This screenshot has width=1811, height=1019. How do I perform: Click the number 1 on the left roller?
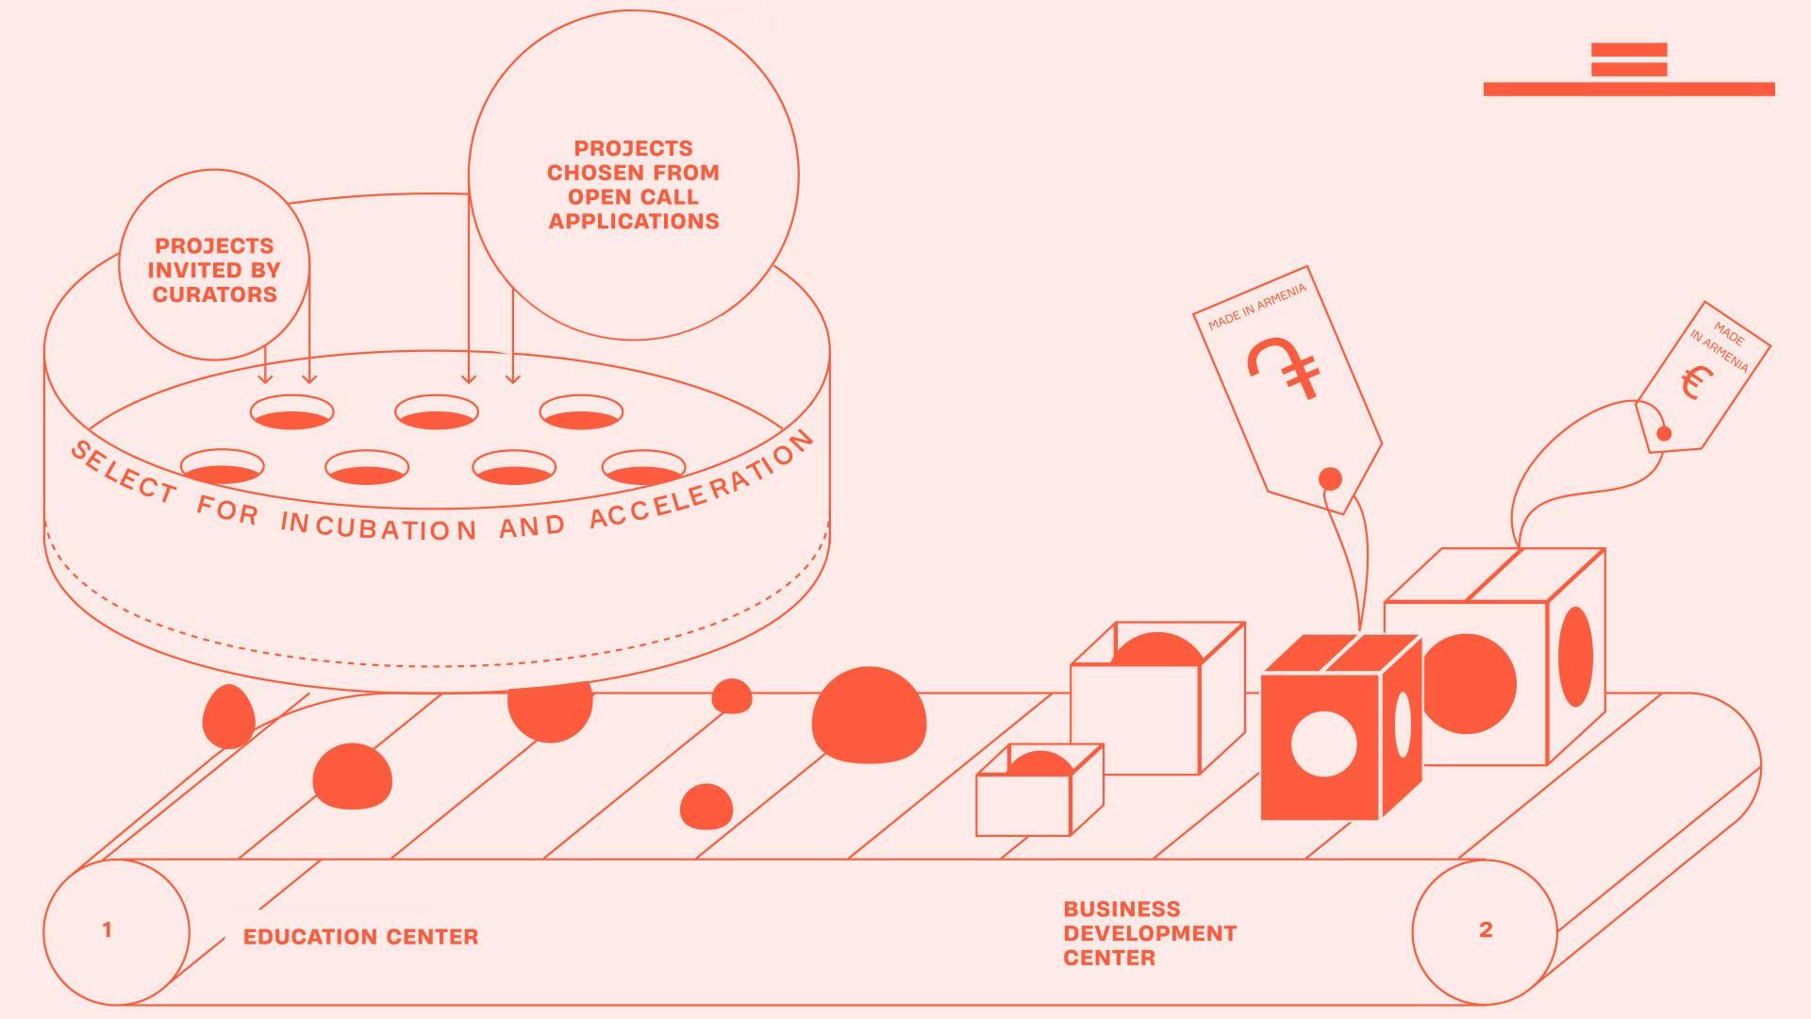coord(107,930)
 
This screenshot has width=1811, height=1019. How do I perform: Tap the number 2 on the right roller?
coord(1486,930)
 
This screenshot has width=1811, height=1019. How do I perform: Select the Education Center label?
coord(360,937)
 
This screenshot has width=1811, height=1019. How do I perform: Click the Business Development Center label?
coord(1150,933)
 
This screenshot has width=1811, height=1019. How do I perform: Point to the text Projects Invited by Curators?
coord(214,270)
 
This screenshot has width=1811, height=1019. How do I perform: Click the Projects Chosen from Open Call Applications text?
coord(633,185)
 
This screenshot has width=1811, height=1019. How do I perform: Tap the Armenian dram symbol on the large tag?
coord(1284,367)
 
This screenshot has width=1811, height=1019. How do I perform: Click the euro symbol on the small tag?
coord(1696,382)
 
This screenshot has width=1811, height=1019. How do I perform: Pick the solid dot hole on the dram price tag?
coord(1330,479)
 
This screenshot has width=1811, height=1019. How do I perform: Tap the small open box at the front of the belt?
coord(1039,790)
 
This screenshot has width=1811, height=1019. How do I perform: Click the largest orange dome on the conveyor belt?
coord(869,715)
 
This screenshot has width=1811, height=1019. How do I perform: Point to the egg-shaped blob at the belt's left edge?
coord(228,716)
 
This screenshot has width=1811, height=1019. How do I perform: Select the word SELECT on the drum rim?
coord(124,472)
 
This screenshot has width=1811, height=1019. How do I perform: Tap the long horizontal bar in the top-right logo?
coord(1629,89)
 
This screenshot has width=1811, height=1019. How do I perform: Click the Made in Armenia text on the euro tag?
coord(1720,348)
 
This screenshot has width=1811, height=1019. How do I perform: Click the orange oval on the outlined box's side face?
coord(1575,657)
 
